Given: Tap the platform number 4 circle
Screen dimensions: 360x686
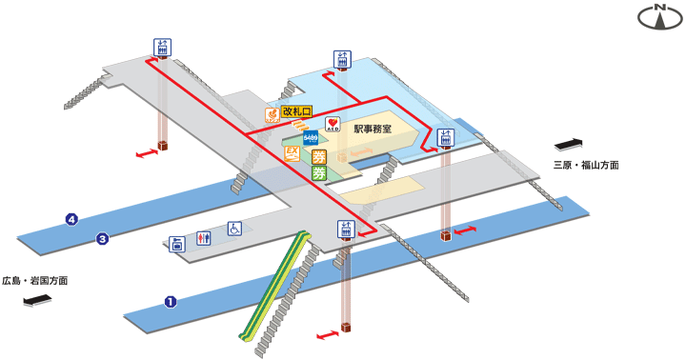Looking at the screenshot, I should [x=71, y=220].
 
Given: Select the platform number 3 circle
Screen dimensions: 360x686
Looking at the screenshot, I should [x=102, y=238].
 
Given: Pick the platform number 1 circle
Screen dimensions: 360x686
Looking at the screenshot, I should [x=171, y=303].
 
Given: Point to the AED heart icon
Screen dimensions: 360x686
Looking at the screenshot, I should [x=333, y=125].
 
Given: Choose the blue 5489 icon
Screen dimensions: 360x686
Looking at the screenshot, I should [x=312, y=138].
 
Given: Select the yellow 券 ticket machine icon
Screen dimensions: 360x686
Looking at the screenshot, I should [x=319, y=157].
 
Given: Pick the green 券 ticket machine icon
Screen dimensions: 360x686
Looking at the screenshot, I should [x=319, y=173].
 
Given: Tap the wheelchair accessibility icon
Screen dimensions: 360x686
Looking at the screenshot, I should [x=233, y=228].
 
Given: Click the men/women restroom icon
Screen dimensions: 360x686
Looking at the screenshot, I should [x=202, y=238].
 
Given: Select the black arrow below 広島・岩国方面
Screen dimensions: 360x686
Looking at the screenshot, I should [x=38, y=303].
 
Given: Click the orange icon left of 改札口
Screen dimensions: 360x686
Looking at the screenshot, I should [x=271, y=115].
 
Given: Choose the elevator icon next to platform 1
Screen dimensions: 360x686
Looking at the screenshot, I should [x=346, y=230].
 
